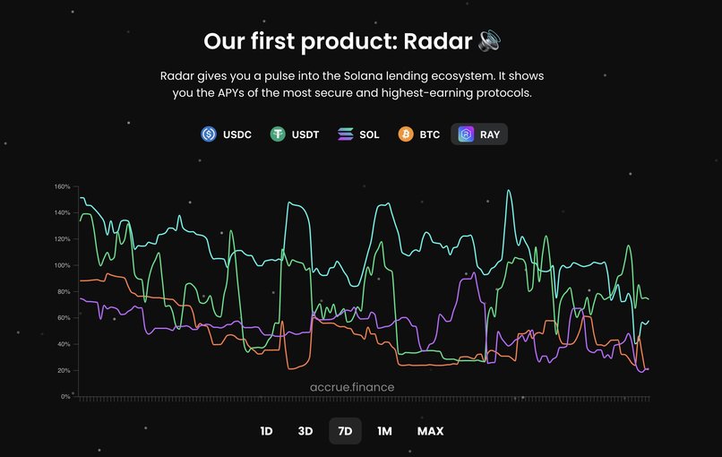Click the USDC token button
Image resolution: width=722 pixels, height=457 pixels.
pyautogui.click(x=226, y=134)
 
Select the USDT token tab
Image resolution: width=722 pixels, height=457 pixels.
pyautogui.click(x=295, y=134)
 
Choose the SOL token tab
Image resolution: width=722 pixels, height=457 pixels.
pyautogui.click(x=358, y=134)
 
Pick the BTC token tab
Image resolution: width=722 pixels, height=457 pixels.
pyautogui.click(x=419, y=134)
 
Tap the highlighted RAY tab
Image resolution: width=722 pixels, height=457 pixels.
pyautogui.click(x=479, y=134)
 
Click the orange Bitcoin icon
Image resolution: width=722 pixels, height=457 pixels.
pyautogui.click(x=406, y=134)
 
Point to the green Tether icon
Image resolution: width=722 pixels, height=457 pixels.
pyautogui.click(x=278, y=134)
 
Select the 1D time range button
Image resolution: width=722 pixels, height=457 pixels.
pyautogui.click(x=266, y=431)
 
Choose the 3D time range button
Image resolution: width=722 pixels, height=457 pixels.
pyautogui.click(x=305, y=431)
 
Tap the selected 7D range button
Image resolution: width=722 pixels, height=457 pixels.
pyautogui.click(x=345, y=431)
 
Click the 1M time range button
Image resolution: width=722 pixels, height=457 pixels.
pyautogui.click(x=384, y=431)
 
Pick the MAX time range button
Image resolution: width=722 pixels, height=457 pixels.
pyautogui.click(x=431, y=431)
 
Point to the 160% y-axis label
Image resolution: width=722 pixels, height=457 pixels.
pyautogui.click(x=62, y=186)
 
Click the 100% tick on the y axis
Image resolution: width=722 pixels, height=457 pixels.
pyautogui.click(x=62, y=265)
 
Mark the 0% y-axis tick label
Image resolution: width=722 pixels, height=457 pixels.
pyautogui.click(x=65, y=396)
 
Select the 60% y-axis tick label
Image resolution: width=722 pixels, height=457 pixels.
pyautogui.click(x=64, y=318)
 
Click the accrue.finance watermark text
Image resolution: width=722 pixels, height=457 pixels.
pyautogui.click(x=352, y=387)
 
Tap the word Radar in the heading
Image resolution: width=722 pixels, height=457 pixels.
pyautogui.click(x=438, y=41)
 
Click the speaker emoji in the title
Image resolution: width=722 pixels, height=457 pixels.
pyautogui.click(x=489, y=41)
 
